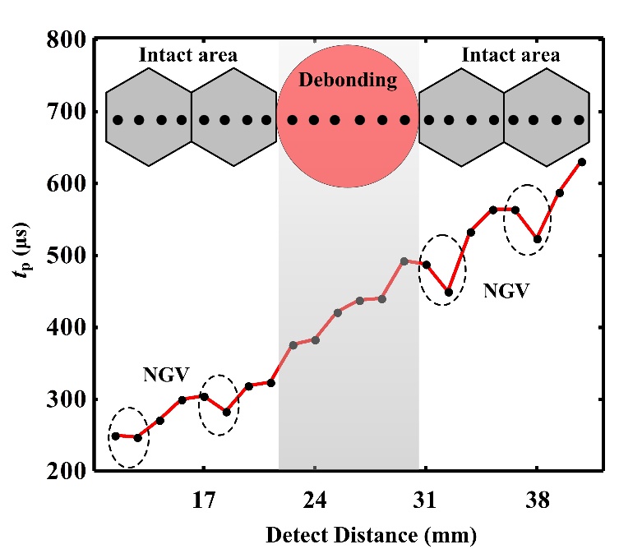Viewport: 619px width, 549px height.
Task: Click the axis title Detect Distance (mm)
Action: tap(370, 535)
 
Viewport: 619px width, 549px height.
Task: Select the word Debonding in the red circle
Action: tap(349, 81)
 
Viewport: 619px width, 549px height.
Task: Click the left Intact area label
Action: tap(188, 56)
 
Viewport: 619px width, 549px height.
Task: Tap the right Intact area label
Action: tap(510, 56)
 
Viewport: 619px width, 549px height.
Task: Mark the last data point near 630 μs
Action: tap(582, 162)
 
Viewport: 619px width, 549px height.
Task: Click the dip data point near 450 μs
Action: tap(448, 292)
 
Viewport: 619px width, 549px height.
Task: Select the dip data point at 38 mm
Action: tap(538, 239)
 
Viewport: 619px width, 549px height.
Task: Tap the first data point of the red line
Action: tap(116, 436)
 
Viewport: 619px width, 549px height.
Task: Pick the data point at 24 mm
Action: tap(316, 339)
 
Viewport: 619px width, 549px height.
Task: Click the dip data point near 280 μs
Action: tap(226, 413)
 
